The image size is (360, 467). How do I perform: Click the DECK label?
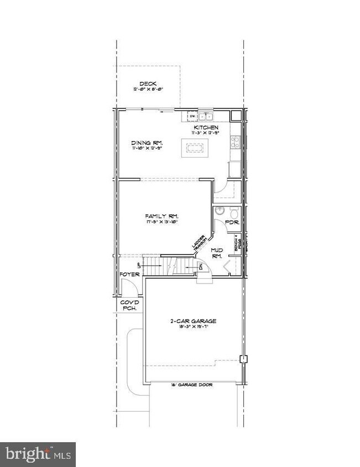(148, 84)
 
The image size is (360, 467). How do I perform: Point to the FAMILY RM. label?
(161, 216)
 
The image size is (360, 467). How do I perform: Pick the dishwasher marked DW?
(192, 116)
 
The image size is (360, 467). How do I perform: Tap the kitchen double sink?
(206, 116)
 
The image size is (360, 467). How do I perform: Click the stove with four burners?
(234, 142)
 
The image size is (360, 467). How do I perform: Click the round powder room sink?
(220, 211)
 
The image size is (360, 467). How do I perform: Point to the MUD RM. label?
(217, 253)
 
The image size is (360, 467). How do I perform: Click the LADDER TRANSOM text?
(199, 243)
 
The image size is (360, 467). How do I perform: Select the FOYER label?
(128, 274)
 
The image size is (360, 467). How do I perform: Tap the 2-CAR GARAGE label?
(192, 321)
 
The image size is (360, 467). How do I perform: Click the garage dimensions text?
(192, 328)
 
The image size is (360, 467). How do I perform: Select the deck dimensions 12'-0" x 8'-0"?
(148, 90)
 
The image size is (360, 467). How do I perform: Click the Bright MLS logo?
(38, 454)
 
